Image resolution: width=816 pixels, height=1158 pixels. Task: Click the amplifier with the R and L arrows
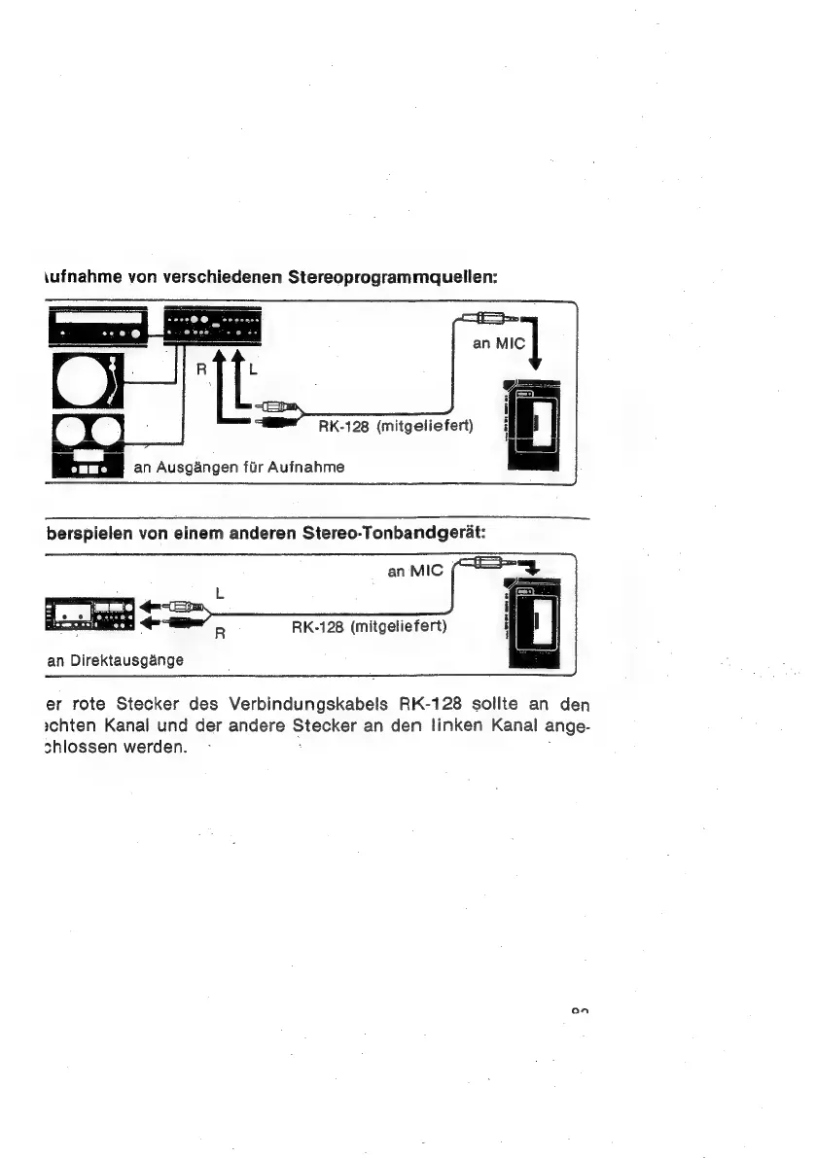[210, 326]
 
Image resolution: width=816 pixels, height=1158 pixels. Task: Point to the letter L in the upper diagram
[253, 369]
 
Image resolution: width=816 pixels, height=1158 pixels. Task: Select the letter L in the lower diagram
[219, 590]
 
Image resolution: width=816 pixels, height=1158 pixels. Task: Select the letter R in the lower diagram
[221, 634]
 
